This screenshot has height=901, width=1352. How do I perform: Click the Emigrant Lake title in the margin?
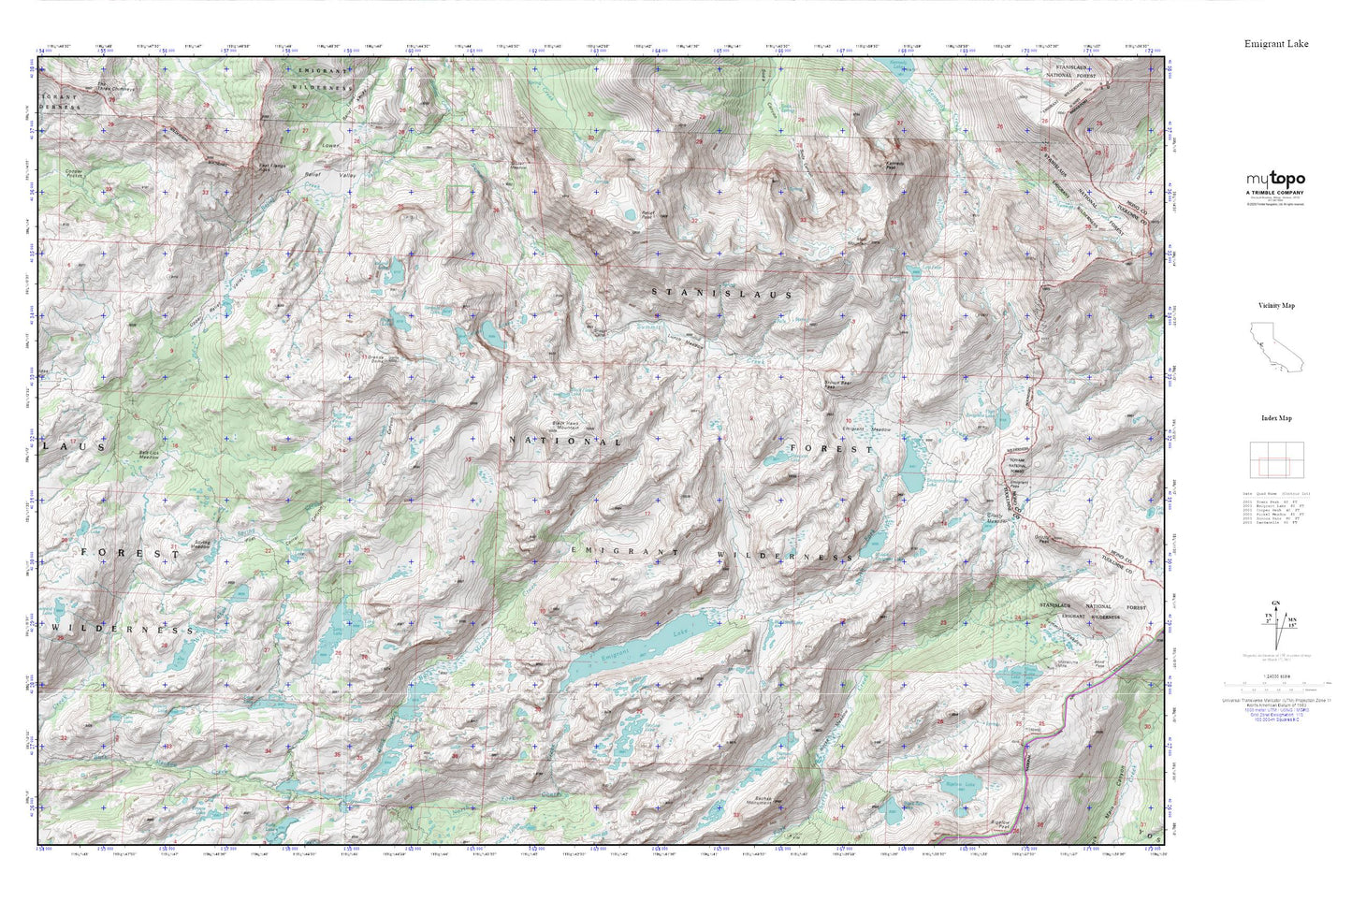coord(1276,44)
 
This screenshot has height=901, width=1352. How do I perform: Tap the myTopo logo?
coord(1275,180)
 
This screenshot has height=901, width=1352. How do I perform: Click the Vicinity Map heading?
coord(1276,306)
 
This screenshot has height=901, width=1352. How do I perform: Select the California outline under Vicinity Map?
coord(1267,343)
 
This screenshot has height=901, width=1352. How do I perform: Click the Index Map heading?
coord(1276,418)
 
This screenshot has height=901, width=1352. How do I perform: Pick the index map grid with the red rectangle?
coord(1276,459)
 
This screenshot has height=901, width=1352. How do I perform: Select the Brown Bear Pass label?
coord(837,385)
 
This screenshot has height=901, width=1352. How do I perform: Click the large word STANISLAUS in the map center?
coord(722,294)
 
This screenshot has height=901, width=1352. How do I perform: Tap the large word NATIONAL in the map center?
coord(564,441)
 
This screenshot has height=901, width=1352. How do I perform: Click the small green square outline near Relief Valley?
coord(458,196)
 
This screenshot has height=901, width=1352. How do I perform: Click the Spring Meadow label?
coord(199,544)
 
